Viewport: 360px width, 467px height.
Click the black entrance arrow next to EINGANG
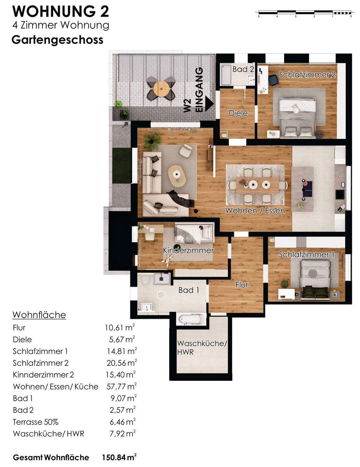pos(209,104)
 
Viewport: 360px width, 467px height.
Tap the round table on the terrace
pos(161,89)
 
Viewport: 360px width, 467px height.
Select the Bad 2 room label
pos(243,69)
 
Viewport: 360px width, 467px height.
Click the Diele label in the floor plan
pos(238,113)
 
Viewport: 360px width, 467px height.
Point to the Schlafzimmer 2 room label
pos(307,75)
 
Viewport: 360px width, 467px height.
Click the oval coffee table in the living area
pos(177,176)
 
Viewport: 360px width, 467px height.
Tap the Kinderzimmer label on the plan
pos(188,250)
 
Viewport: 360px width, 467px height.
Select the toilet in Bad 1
pos(145,280)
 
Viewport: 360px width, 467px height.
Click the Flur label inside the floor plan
pos(242,285)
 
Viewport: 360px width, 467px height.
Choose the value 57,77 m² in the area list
pos(122,386)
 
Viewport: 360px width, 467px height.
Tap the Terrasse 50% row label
pos(36,422)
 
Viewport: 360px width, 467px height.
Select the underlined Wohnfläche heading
pos(39,315)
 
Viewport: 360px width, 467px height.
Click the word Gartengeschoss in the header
pos(58,40)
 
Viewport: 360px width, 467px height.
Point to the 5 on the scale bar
pos(259,16)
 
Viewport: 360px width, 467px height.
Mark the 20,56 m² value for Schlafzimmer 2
pos(122,363)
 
